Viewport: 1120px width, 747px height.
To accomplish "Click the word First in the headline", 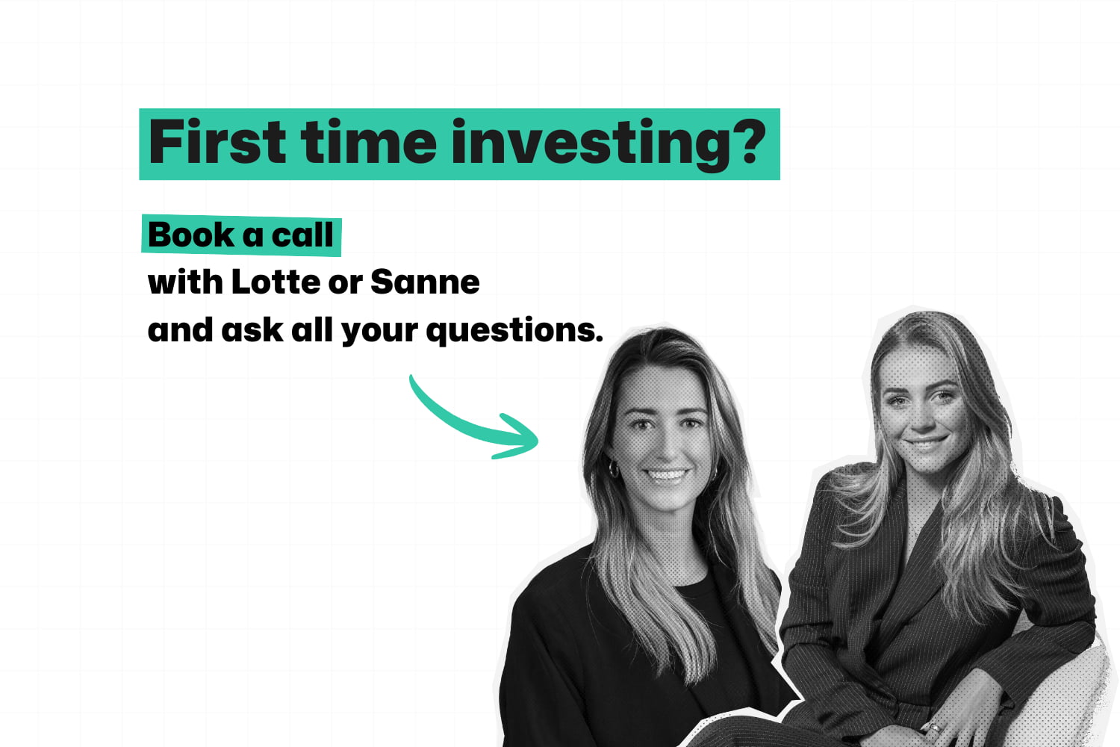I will click(x=217, y=143).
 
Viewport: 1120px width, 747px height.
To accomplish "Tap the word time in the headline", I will click(x=369, y=143).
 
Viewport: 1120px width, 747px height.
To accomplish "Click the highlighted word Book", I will click(x=191, y=235).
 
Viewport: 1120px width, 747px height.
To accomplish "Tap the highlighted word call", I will click(x=302, y=235).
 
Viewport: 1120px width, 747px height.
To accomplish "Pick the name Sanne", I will click(x=425, y=282).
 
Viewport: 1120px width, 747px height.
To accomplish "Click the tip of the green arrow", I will click(x=536, y=440).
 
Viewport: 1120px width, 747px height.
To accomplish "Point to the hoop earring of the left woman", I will click(x=614, y=469).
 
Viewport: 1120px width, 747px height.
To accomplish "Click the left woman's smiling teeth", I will click(x=666, y=474).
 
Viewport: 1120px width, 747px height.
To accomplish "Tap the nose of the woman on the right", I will click(x=920, y=422).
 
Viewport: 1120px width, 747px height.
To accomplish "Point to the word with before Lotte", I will click(x=185, y=282).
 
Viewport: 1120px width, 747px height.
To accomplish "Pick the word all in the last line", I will click(x=311, y=330).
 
